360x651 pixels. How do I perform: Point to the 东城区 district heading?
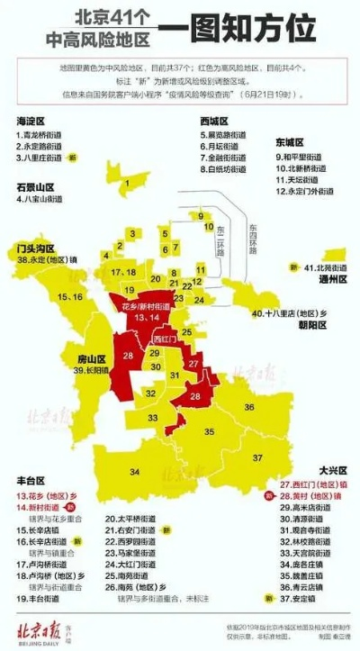coord(292,141)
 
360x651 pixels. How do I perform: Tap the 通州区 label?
coord(334,279)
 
